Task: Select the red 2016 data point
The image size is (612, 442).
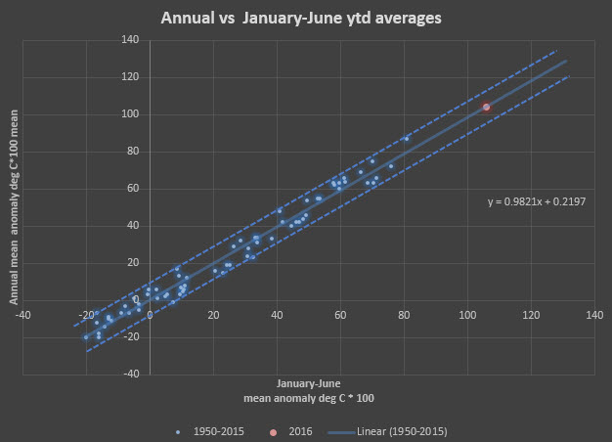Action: click(x=486, y=107)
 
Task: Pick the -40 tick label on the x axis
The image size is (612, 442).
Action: click(x=22, y=315)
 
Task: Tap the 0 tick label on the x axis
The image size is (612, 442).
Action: click(x=150, y=315)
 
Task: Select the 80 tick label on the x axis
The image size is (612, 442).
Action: click(x=404, y=315)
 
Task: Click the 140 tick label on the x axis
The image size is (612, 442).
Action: click(x=593, y=315)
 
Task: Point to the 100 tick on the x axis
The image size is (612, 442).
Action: click(x=466, y=315)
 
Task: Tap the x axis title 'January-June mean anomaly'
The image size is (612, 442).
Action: click(x=308, y=391)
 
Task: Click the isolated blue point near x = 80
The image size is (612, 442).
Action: click(x=407, y=139)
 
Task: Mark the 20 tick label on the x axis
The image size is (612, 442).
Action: click(x=213, y=315)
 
